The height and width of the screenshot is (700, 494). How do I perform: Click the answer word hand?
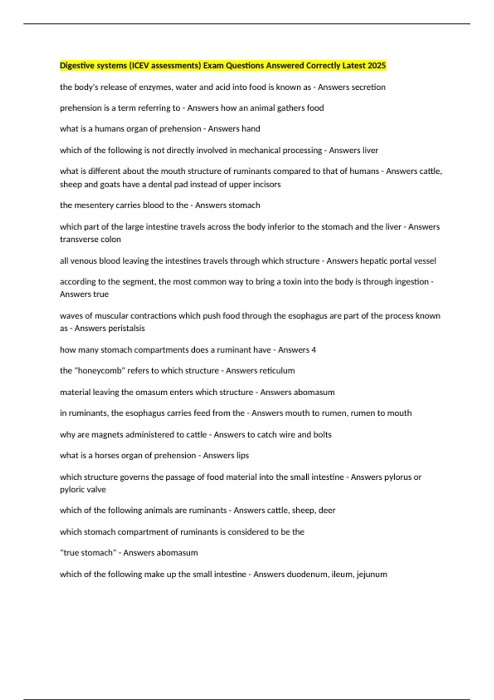251,128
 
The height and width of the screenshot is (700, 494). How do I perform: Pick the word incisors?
267,184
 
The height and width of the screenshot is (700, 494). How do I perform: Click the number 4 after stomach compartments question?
314,350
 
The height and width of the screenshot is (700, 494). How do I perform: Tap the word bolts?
322,434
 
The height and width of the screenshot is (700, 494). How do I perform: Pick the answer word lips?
243,455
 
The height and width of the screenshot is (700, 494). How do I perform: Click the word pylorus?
398,477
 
